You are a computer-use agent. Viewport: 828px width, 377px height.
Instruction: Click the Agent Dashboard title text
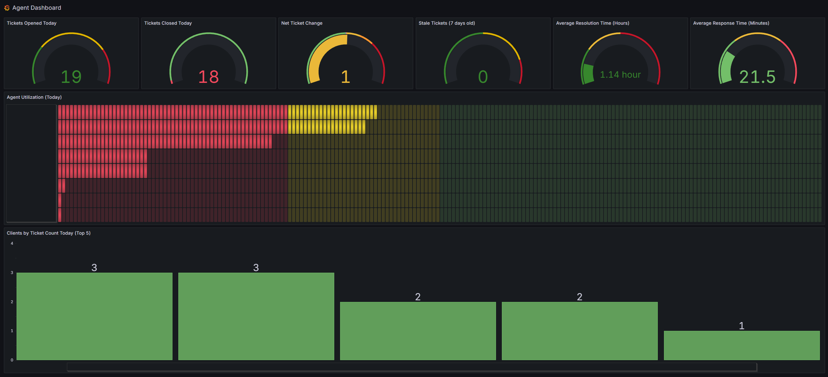[36, 8]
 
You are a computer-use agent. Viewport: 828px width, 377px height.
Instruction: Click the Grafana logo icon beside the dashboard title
[7, 8]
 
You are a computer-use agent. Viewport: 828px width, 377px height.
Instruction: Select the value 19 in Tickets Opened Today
[71, 77]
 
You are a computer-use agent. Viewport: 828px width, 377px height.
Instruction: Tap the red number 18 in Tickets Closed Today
[209, 77]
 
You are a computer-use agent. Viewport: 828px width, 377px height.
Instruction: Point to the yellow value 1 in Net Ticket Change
[346, 77]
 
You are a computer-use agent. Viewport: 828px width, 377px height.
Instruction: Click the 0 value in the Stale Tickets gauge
[483, 77]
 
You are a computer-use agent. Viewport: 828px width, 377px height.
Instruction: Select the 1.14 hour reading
[620, 75]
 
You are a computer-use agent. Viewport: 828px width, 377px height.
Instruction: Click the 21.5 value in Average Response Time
[757, 77]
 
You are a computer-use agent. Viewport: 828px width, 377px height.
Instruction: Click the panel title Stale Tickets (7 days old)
[447, 23]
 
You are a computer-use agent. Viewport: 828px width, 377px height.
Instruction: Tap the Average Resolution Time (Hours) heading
[592, 23]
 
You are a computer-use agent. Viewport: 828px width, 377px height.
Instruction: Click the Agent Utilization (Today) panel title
[34, 97]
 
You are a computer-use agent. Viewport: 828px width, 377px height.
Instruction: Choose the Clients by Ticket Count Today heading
[48, 233]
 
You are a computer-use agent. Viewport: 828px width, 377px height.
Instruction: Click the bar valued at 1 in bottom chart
[742, 345]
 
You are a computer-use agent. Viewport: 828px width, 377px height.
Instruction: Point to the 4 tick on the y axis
[12, 243]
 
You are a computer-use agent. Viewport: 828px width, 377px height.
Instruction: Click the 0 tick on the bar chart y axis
[12, 360]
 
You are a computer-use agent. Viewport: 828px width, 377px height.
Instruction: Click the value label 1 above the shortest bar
[742, 326]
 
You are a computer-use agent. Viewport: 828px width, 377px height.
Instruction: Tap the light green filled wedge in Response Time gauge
[726, 67]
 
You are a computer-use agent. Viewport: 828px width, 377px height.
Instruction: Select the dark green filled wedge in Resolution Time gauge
[588, 73]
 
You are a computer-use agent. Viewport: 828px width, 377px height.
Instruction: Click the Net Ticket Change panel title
[302, 23]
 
